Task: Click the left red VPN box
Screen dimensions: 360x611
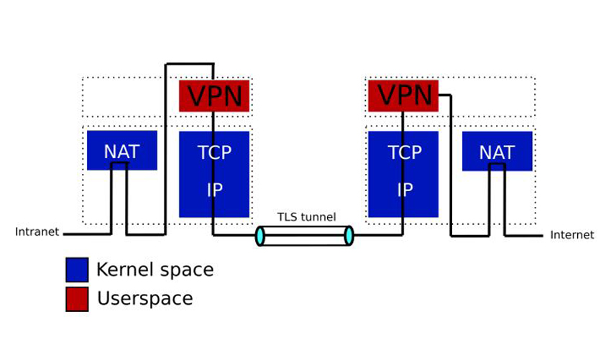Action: tap(214, 96)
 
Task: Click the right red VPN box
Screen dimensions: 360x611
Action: tap(403, 96)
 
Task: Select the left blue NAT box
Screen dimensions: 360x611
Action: tap(121, 150)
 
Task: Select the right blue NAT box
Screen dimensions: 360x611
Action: tap(497, 152)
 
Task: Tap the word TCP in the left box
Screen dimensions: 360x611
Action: tap(214, 152)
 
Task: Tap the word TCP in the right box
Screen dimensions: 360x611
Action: tap(403, 152)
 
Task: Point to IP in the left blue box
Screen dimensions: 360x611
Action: tap(214, 190)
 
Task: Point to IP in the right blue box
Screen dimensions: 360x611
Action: tap(403, 190)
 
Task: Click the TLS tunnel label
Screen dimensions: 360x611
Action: tap(307, 217)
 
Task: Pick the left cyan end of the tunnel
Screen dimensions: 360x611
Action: tap(259, 236)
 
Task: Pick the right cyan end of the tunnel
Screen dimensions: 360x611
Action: tap(349, 236)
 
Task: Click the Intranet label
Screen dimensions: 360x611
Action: tap(37, 232)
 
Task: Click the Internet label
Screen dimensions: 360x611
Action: tap(572, 235)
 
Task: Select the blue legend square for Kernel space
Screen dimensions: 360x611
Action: tap(77, 270)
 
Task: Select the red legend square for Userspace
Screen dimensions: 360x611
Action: tap(77, 299)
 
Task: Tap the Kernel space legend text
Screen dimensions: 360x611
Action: tap(155, 270)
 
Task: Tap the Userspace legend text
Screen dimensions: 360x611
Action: tap(144, 298)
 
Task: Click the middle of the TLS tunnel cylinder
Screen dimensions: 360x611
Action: tap(305, 236)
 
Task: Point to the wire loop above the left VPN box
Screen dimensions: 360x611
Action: tap(190, 64)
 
